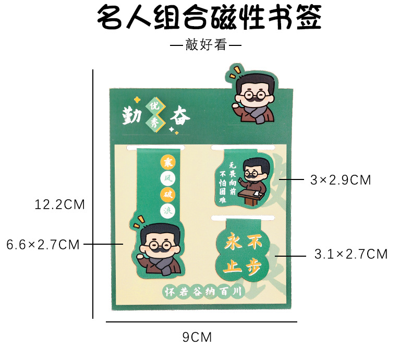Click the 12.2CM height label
click(60, 205)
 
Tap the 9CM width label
click(197, 337)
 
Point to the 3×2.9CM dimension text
click(340, 180)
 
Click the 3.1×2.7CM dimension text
click(351, 254)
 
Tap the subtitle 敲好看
click(205, 45)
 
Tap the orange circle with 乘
click(167, 162)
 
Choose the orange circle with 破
click(167, 195)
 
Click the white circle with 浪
click(167, 211)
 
